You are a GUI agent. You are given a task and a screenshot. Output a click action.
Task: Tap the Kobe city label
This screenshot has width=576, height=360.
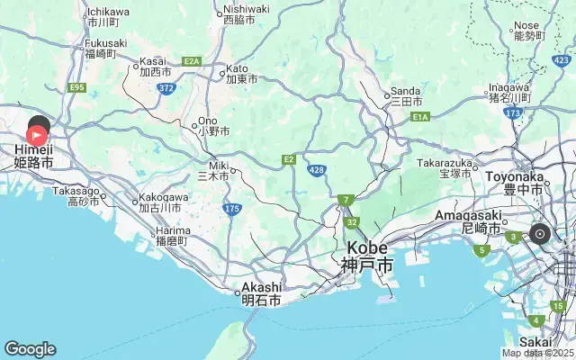[366, 256]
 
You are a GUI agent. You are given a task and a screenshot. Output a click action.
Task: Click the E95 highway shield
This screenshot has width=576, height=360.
[76, 87]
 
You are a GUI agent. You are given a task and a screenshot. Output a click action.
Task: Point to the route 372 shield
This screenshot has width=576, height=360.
[166, 87]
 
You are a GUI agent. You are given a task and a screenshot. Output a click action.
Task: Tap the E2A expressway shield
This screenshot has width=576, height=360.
[191, 61]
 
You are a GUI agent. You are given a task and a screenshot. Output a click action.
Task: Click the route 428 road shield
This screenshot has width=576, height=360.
[317, 169]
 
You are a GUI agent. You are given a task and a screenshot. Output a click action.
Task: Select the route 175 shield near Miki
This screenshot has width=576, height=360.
[232, 209]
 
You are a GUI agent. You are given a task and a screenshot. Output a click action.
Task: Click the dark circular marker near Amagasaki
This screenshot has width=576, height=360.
[540, 234]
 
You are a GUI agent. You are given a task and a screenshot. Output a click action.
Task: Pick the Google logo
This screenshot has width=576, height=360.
[30, 349]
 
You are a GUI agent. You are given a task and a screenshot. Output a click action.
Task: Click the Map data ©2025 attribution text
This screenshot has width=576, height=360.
[537, 353]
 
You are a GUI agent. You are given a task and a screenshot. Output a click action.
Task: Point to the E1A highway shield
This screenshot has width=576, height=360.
[420, 116]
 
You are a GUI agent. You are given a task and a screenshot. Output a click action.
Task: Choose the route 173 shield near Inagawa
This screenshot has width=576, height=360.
[513, 112]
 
